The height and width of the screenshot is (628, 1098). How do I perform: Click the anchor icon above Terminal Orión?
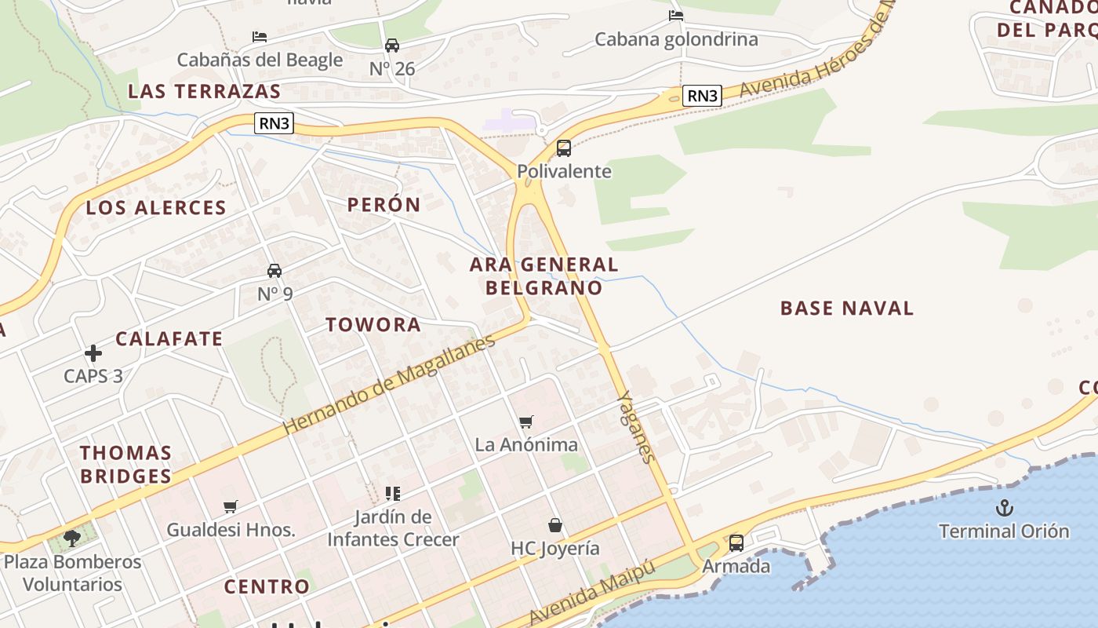coord(1005,508)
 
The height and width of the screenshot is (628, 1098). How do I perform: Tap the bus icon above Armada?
coord(736,542)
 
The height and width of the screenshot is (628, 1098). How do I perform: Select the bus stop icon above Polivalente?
coord(563,148)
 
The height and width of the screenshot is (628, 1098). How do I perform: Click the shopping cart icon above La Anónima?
coord(526,422)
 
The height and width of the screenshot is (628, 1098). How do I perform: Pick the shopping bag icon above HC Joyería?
coord(555,524)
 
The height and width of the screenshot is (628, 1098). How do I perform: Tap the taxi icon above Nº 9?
coord(274,271)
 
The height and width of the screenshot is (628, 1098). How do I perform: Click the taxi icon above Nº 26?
coord(392,46)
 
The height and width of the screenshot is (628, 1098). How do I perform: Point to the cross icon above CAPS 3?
coord(93,353)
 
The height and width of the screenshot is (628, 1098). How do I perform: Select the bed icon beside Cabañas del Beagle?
coord(260,37)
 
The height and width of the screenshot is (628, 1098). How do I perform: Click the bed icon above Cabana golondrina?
coord(676,16)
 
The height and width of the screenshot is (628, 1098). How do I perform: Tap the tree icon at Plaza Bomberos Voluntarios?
coord(72,538)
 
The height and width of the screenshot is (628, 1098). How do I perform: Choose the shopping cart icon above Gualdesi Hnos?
coord(230,506)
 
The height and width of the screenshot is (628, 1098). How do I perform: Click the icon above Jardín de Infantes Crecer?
coord(393,494)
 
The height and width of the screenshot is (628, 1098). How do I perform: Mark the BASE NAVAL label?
coord(847,308)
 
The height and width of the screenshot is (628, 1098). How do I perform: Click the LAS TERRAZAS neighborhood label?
coord(204,91)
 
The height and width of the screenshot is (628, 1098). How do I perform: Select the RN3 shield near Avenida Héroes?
coord(702,96)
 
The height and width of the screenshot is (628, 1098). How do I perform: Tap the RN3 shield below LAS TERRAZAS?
coord(274,122)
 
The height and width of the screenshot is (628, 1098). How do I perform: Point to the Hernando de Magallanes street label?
coord(389,384)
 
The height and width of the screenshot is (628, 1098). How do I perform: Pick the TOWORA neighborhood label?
coord(373,324)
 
